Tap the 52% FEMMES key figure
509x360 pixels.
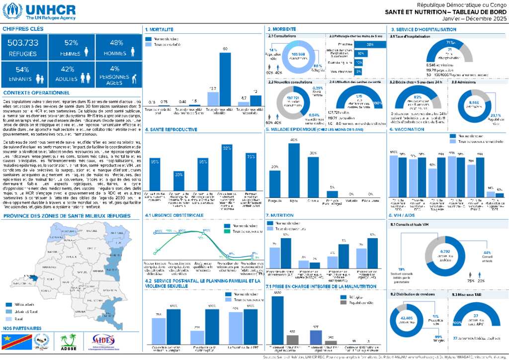[71, 43]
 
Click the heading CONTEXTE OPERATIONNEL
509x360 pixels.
[36, 92]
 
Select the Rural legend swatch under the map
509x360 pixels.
[8, 319]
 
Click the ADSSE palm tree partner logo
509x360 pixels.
[68, 342]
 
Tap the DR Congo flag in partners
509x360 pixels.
[14, 342]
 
